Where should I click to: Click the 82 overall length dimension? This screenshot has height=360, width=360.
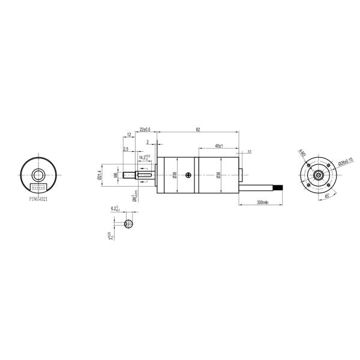(197, 130)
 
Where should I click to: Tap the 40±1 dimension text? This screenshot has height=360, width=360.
(218, 146)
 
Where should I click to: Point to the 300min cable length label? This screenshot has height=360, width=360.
(262, 203)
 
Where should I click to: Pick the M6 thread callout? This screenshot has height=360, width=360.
(115, 175)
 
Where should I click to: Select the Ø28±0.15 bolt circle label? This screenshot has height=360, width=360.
(346, 162)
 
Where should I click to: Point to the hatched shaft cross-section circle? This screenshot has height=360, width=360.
(129, 224)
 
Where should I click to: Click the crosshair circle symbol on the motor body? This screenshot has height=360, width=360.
(190, 175)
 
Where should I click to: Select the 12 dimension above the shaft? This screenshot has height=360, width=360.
(129, 136)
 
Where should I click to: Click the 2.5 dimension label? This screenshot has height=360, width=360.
(125, 149)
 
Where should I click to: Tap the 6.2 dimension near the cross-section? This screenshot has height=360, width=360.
(114, 209)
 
